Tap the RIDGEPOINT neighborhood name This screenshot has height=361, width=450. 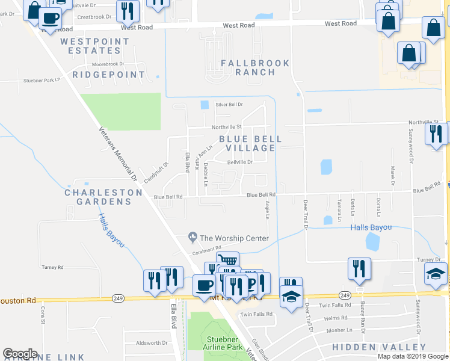click(109, 75)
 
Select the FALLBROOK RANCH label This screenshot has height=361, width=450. click(255, 67)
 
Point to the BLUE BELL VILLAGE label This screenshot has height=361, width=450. click(250, 143)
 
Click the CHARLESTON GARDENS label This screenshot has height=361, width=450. click(103, 197)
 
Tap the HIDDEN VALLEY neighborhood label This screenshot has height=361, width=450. click(380, 347)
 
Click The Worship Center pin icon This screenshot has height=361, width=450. click(193, 238)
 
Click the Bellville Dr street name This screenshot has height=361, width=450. click(239, 162)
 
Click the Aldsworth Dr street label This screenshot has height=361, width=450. click(152, 343)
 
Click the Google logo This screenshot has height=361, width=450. click(20, 354)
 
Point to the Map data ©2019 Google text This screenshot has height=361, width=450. click(412, 356)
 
